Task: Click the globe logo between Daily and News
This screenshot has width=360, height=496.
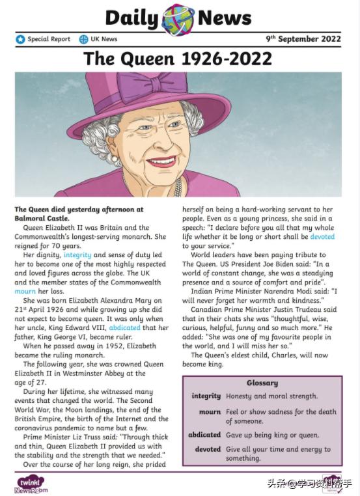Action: click(177, 18)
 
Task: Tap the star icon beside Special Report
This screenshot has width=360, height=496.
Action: click(20, 39)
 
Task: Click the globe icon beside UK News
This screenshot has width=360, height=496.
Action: click(83, 39)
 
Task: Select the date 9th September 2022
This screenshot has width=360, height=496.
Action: click(303, 39)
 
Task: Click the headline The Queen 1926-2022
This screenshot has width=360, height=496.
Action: click(178, 59)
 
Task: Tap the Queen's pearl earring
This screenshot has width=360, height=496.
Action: click(115, 158)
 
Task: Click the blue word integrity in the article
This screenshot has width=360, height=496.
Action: click(77, 255)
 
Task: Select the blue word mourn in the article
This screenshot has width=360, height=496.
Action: click(25, 292)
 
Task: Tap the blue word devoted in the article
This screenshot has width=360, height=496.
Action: click(322, 237)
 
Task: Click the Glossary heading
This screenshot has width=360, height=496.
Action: click(262, 383)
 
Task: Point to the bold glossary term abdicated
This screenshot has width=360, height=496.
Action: click(204, 435)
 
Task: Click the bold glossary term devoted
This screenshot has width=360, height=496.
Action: click(208, 449)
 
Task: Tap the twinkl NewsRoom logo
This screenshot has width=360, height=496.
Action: click(31, 484)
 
